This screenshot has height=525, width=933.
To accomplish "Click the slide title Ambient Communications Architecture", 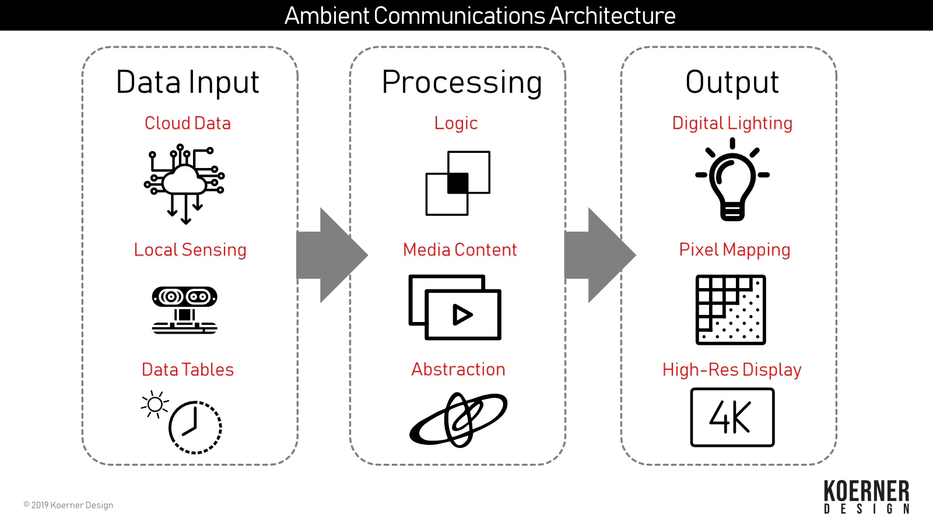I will (479, 16).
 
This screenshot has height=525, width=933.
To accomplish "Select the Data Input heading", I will (187, 82).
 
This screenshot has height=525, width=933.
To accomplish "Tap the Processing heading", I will (462, 82).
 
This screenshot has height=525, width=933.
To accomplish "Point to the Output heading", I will (732, 82).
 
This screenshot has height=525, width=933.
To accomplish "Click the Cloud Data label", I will (187, 123).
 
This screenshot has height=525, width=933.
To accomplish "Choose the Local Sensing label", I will (190, 250).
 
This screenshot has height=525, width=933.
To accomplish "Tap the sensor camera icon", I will (184, 310).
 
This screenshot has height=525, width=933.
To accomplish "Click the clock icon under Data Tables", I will (195, 427).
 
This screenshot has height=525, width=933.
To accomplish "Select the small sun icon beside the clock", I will (155, 404).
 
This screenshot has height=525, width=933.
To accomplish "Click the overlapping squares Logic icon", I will (458, 183).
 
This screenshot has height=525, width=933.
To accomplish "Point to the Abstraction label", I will (458, 369).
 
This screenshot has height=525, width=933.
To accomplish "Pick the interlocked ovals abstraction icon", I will (458, 419).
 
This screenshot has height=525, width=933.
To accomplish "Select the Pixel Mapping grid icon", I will (731, 310).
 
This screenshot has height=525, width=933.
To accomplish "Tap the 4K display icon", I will (732, 418).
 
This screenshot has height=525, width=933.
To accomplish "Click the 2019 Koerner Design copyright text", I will (68, 505).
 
